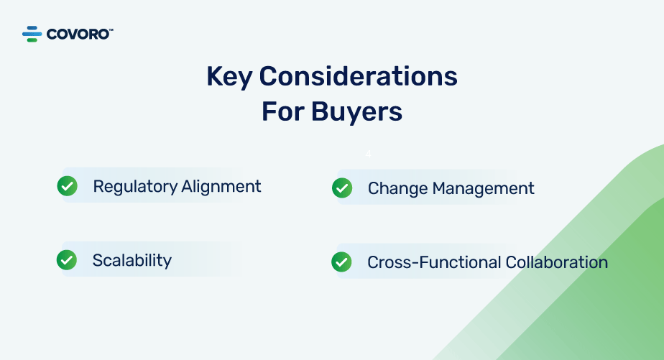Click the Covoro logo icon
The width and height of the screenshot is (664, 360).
tap(32, 34)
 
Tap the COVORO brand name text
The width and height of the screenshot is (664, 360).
tap(78, 34)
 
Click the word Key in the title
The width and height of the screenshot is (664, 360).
tap(229, 77)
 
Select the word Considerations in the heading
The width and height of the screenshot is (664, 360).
tap(359, 76)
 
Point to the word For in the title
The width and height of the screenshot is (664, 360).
tap(283, 112)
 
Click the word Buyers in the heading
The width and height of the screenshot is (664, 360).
tap(356, 113)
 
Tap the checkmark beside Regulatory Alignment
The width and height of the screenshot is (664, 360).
tap(68, 186)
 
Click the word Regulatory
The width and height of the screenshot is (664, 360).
tap(135, 187)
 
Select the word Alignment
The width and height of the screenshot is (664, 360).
tap(221, 187)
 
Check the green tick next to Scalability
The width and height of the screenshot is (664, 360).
tap(67, 260)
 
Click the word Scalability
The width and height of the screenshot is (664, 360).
tap(132, 260)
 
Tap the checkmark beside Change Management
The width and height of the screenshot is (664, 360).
tap(342, 188)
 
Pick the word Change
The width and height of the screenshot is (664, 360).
tap(397, 189)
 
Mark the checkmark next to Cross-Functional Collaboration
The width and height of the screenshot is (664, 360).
tap(341, 262)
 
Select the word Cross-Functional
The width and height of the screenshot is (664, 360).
tap(434, 262)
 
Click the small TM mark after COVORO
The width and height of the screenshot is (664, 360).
tap(111, 29)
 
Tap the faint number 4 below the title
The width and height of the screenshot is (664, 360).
tap(369, 154)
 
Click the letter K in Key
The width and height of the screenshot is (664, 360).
tap(214, 76)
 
